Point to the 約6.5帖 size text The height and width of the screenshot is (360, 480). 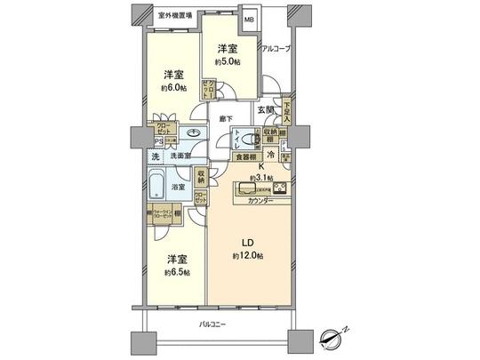(174, 272)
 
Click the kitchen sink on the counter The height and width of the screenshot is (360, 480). (244, 188)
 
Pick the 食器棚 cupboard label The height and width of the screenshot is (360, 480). (245, 157)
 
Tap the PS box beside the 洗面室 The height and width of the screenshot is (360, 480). (158, 140)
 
